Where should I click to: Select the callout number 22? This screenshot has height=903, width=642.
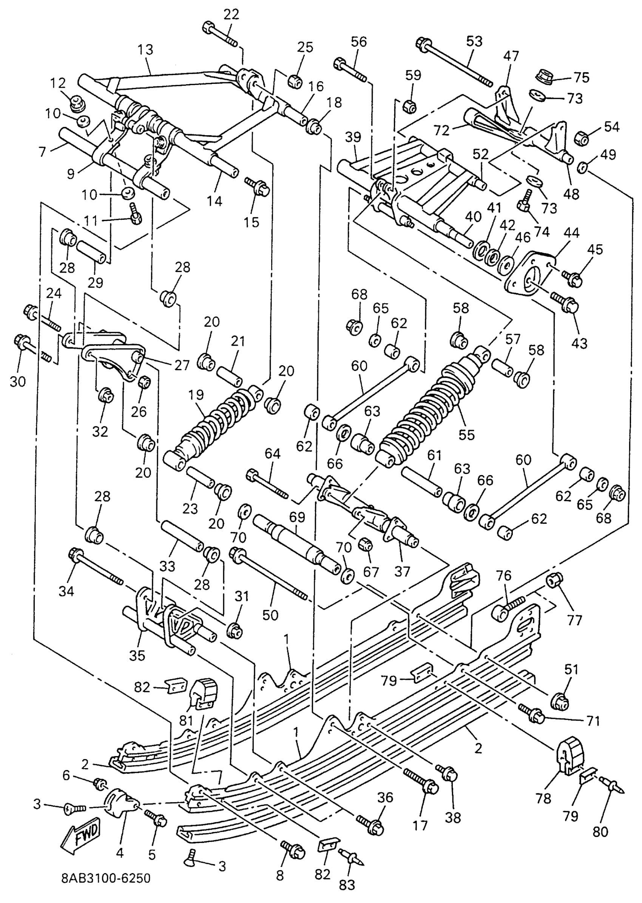(x=231, y=14)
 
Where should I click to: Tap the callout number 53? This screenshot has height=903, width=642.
(x=474, y=41)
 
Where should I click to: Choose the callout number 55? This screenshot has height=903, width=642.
(x=466, y=434)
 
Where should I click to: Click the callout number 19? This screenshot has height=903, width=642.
(x=196, y=395)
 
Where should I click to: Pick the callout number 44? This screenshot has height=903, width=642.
(x=572, y=233)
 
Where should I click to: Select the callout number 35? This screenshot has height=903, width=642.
(x=137, y=656)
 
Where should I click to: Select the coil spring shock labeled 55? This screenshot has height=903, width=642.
(x=431, y=411)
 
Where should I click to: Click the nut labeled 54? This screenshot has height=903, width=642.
(x=584, y=138)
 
